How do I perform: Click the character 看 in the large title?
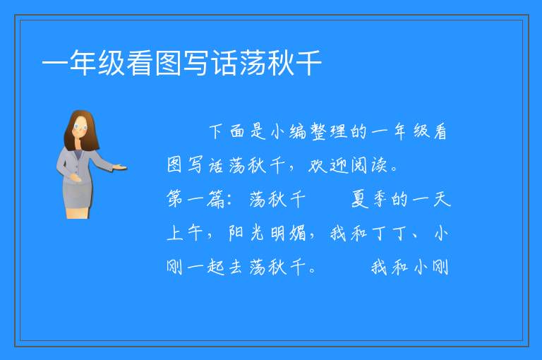point(139,63)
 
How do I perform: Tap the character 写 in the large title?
point(196,63)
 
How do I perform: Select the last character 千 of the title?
point(308,63)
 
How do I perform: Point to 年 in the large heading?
point(83,63)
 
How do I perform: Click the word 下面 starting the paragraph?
point(227,132)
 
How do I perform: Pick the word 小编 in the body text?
point(288,132)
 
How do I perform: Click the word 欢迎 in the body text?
point(327,166)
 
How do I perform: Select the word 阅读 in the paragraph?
point(368,166)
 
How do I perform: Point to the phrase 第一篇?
point(195,200)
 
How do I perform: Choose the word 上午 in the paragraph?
point(185,234)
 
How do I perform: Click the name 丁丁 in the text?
point(389,234)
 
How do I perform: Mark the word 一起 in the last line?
point(205,268)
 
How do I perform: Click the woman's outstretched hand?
point(120,168)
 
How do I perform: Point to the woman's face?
point(81,126)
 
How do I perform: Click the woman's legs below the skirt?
point(78,212)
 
